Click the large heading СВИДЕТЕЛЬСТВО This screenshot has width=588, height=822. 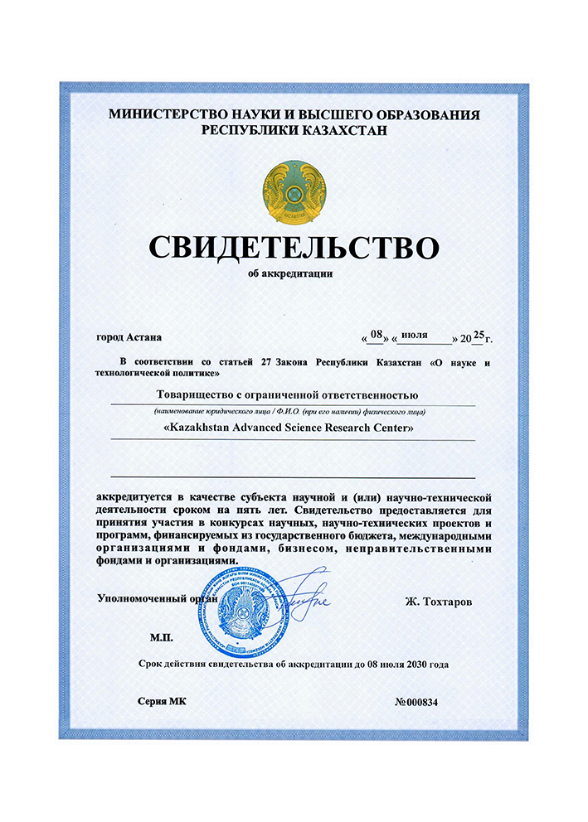click(294, 248)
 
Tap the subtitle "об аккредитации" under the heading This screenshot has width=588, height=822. click(294, 274)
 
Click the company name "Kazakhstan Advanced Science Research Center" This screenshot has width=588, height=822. click(294, 428)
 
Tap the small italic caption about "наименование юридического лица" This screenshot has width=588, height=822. click(294, 411)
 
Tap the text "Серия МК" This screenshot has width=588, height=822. click(163, 702)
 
